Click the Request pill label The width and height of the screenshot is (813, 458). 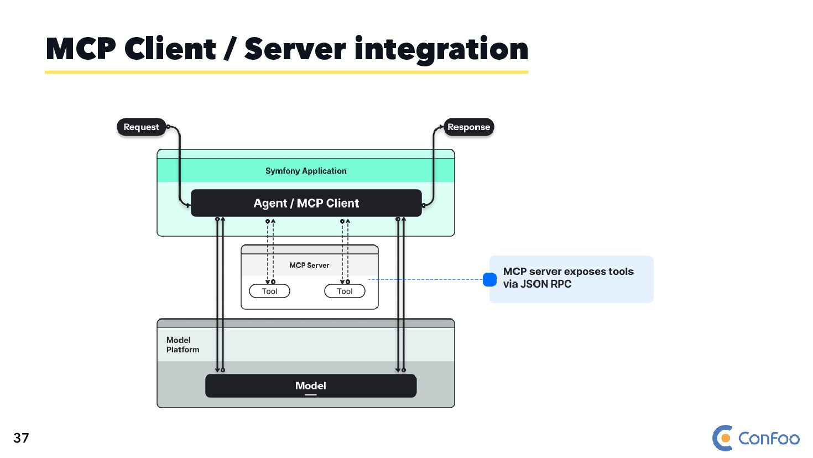tap(142, 127)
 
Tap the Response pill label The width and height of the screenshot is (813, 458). tap(468, 127)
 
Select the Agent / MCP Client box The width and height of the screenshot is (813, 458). tap(306, 203)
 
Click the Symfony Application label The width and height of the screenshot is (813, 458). tap(306, 171)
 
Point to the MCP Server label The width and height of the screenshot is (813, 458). tap(309, 266)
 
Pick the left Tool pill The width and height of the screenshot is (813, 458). tap(269, 291)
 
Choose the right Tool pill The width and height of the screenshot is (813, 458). tap(345, 291)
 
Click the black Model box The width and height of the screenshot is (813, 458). tap(310, 386)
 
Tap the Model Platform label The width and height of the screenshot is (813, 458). tap(183, 345)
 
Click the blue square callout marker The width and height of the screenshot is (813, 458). tap(489, 280)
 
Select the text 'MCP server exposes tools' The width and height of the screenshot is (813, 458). tap(568, 272)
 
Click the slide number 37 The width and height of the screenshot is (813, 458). tap(21, 438)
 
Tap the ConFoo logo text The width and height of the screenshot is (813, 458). tap(769, 439)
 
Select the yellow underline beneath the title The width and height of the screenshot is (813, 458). tap(286, 72)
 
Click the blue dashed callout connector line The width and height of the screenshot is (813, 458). tap(426, 279)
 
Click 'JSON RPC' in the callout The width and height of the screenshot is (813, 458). tap(546, 284)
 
